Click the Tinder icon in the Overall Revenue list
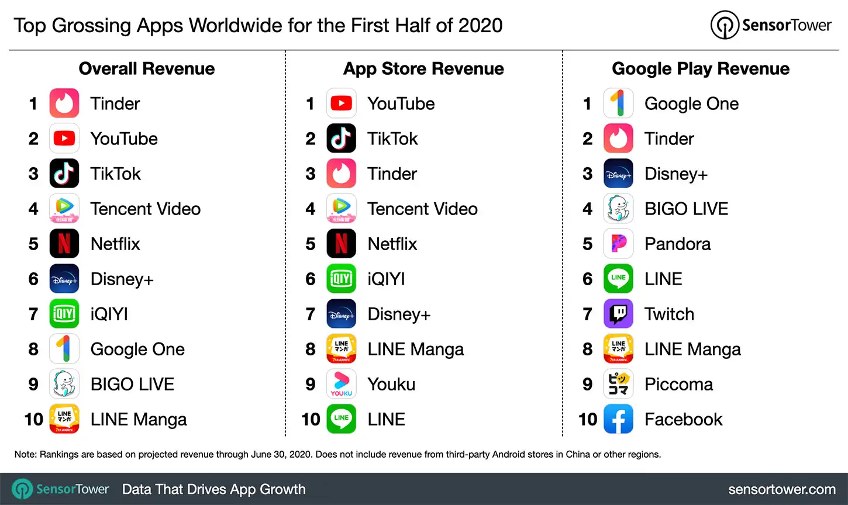[64, 103]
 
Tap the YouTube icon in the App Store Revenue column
[341, 103]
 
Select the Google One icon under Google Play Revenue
[618, 103]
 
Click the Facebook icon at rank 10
[618, 419]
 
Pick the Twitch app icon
[618, 314]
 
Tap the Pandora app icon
[618, 244]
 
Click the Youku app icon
[341, 384]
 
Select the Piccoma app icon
[618, 384]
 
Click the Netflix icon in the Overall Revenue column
[64, 244]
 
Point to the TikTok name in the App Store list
[392, 139]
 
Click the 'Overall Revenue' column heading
[147, 69]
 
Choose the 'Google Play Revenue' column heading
[701, 69]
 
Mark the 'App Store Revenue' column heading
[423, 69]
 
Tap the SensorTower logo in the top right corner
[771, 25]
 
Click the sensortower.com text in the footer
[782, 489]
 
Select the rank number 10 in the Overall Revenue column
[34, 419]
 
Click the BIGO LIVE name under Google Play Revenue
[686, 209]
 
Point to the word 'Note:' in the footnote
[26, 454]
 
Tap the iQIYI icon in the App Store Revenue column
[341, 279]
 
